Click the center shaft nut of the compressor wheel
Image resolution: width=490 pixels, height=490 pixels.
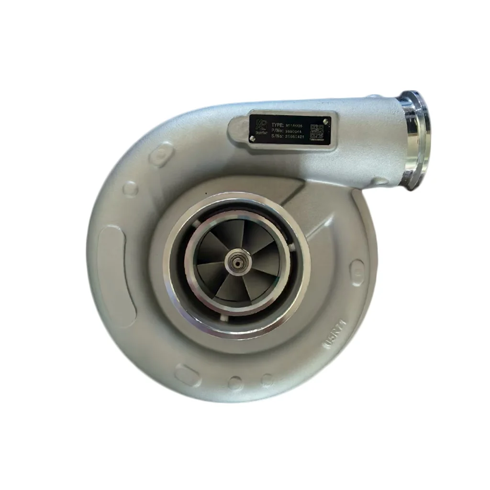pos(237,263)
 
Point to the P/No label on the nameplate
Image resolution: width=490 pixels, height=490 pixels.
pos(277,130)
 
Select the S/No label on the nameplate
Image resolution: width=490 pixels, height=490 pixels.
pos(277,136)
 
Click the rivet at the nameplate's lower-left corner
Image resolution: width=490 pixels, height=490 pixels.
pos(252,139)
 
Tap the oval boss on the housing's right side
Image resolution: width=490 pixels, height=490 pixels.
pos(357,273)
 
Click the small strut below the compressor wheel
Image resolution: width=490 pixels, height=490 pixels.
pos(223,317)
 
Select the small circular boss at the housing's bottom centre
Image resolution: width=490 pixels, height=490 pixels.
pos(235,382)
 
